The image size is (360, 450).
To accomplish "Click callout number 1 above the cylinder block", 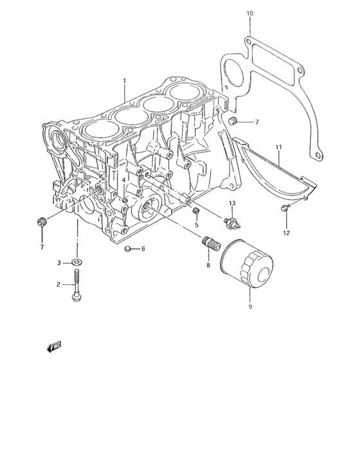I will (x=125, y=81).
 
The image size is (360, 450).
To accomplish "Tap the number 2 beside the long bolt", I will (x=58, y=283).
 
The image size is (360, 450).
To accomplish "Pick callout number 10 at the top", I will (x=250, y=13).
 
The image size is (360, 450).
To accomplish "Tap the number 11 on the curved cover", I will (x=278, y=148).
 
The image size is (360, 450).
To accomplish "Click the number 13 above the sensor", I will (x=233, y=203).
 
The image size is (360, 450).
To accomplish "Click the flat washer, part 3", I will (x=77, y=262).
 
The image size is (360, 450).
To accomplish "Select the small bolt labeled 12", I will (x=284, y=207).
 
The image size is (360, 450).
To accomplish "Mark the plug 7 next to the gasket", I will (x=235, y=122).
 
